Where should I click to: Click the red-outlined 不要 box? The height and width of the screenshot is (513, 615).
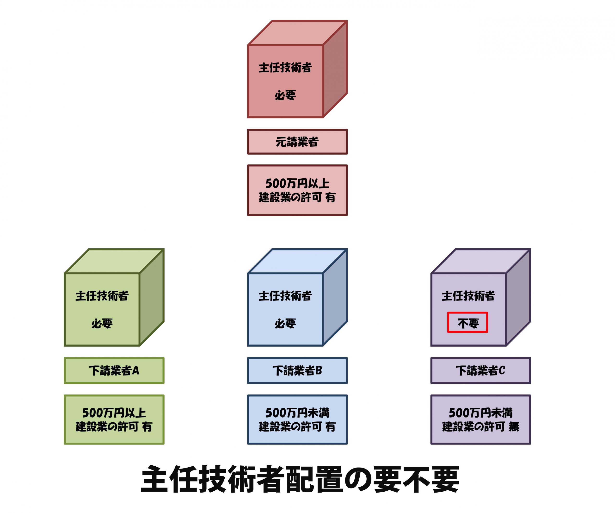[468, 322]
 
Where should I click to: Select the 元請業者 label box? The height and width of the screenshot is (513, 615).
[297, 142]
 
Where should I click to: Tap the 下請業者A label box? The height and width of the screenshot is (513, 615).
[114, 371]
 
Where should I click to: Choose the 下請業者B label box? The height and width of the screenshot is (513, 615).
[297, 371]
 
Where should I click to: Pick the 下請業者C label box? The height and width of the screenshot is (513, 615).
[480, 371]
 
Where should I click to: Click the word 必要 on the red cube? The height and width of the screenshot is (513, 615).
[285, 95]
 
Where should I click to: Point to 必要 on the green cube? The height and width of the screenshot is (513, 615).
[102, 324]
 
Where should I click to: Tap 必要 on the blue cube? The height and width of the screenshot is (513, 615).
[285, 324]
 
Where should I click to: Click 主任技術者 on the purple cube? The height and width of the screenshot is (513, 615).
[468, 296]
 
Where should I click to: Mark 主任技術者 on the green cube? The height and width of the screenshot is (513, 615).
[102, 296]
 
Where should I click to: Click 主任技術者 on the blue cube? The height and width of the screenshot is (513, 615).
[285, 296]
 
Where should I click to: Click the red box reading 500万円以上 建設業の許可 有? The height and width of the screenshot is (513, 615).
[297, 190]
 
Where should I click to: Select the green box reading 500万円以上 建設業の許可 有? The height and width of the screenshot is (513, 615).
[114, 419]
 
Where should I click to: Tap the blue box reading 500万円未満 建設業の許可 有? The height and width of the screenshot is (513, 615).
[297, 419]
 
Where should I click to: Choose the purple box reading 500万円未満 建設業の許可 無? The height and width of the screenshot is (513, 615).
[480, 419]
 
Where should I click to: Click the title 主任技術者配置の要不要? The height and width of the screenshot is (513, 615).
[300, 479]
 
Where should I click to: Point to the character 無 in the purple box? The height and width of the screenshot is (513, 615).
[514, 426]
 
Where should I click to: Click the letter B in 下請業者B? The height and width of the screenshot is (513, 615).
[318, 371]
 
